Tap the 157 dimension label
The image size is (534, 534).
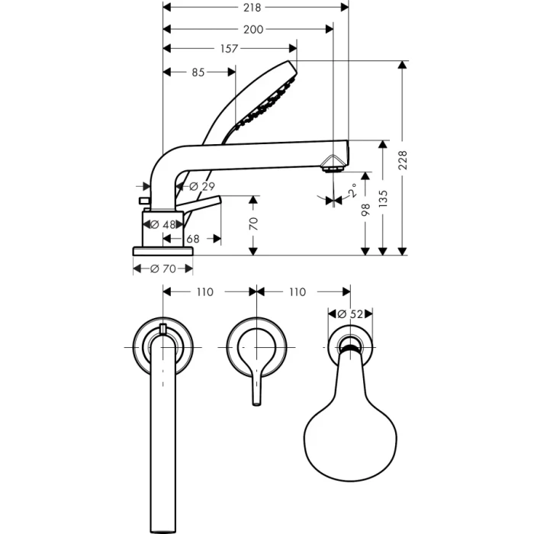229,49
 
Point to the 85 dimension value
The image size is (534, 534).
198,72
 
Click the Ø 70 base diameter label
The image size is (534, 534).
162,269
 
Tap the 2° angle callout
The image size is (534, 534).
354,190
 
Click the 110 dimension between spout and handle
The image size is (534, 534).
204,291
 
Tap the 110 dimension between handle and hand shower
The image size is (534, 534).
298,291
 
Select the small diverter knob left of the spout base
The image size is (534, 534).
143,200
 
